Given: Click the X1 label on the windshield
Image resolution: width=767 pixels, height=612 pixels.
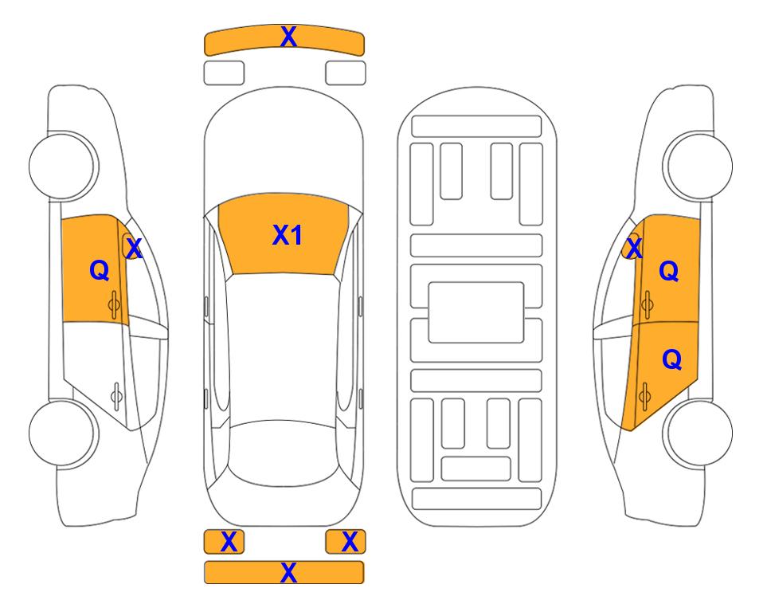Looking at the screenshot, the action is pyautogui.click(x=288, y=235).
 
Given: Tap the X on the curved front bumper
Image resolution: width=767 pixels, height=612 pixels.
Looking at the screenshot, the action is pyautogui.click(x=288, y=36).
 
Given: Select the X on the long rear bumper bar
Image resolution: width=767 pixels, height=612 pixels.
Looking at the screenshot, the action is pyautogui.click(x=288, y=572).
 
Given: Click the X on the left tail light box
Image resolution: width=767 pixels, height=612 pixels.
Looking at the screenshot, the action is pyautogui.click(x=229, y=542).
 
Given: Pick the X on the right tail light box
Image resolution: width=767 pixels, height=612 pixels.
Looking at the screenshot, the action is pyautogui.click(x=350, y=542).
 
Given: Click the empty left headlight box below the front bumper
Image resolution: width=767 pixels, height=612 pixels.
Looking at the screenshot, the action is pyautogui.click(x=224, y=73).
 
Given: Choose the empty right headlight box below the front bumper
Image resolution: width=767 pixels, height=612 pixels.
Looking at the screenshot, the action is pyautogui.click(x=346, y=73).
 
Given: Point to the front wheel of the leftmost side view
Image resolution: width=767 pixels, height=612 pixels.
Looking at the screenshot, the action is pyautogui.click(x=63, y=166).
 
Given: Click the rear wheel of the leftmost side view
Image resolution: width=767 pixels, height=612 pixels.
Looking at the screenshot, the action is pyautogui.click(x=63, y=433).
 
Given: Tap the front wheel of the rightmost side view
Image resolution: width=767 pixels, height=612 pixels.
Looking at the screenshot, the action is pyautogui.click(x=698, y=166).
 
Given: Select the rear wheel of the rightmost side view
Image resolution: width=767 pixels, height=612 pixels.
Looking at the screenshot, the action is pyautogui.click(x=698, y=433).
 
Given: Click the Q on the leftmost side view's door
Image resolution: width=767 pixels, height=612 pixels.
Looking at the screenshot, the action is pyautogui.click(x=100, y=270).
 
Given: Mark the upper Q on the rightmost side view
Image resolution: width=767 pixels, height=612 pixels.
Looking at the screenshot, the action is pyautogui.click(x=669, y=270).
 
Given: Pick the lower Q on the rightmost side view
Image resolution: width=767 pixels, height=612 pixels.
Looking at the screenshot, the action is pyautogui.click(x=671, y=359).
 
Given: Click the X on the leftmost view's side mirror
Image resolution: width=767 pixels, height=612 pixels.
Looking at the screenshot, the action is pyautogui.click(x=134, y=248).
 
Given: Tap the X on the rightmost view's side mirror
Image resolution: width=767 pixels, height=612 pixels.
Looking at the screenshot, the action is pyautogui.click(x=634, y=247).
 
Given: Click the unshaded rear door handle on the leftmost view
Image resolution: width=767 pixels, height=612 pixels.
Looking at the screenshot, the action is pyautogui.click(x=116, y=395).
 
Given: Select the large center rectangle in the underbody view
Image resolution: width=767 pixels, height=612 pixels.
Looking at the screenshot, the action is pyautogui.click(x=476, y=312).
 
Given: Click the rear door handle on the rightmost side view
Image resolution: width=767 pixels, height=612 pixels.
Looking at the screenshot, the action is pyautogui.click(x=644, y=395).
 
